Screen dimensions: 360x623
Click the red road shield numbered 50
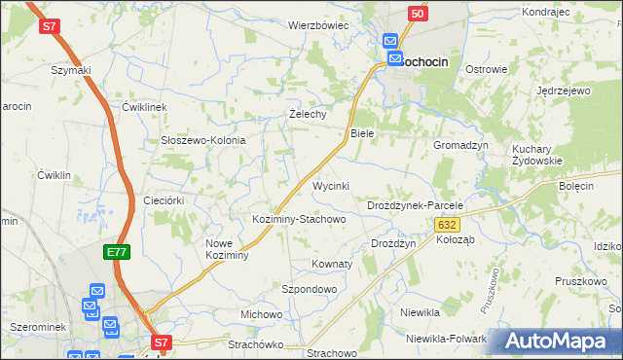coord(418,14)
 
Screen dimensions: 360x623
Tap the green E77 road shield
coord(116,252)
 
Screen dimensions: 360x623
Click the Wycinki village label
coord(330,185)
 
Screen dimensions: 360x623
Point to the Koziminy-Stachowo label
coord(299,219)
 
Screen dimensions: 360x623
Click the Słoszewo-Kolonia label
coord(202,140)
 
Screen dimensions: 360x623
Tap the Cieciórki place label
coord(164,199)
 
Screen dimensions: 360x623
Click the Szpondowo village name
coord(308,289)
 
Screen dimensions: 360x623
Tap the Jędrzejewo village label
coord(564,90)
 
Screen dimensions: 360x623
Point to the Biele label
coord(362,132)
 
